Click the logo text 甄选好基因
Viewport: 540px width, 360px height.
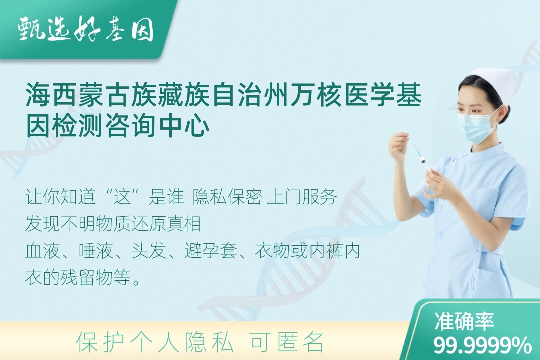pos(86,29)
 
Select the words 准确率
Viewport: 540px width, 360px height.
pos(464,321)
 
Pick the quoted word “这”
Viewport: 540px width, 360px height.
pos(123,197)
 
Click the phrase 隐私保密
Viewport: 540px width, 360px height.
pos(227,197)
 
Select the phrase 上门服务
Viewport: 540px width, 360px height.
pos(302,197)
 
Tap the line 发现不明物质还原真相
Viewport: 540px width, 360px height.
pos(113,223)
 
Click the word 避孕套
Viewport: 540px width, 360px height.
pos(211,251)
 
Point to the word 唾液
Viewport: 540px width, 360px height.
pos(96,251)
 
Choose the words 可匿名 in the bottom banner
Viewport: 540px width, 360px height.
pos(287,342)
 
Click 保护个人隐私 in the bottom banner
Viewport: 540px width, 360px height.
pos(155,342)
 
